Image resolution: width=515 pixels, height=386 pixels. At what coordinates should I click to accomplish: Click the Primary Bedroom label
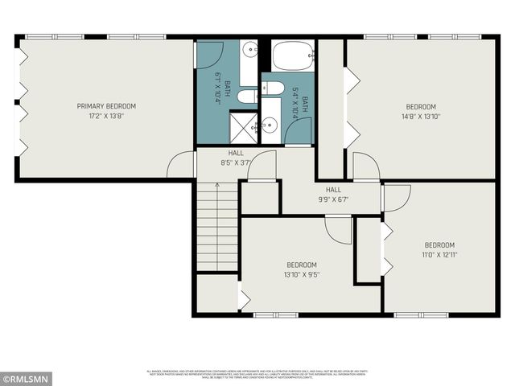[106, 106]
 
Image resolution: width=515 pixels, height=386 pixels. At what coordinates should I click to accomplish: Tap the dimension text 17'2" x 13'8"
[106, 116]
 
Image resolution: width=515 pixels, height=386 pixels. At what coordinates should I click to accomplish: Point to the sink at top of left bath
[249, 51]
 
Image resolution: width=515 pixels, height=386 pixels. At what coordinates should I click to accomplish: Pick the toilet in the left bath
[248, 96]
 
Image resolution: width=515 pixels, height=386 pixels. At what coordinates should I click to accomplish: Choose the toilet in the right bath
[272, 88]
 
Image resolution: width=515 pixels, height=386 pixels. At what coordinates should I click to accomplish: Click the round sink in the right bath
[270, 124]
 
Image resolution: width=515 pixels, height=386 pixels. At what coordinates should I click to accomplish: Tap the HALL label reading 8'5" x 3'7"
[236, 157]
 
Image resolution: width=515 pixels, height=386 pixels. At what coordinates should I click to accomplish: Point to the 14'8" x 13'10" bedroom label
[420, 112]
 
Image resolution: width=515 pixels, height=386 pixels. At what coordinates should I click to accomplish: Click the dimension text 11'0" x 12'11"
[439, 255]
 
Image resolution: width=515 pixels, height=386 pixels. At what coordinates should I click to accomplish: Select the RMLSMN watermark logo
[26, 377]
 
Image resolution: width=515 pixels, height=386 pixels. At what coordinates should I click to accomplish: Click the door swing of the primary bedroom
[181, 165]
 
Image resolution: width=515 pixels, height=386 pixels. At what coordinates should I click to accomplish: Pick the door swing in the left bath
[209, 55]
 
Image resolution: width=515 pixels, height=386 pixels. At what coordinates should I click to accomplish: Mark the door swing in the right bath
[298, 131]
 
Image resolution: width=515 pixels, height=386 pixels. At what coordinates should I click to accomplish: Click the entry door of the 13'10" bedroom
[338, 228]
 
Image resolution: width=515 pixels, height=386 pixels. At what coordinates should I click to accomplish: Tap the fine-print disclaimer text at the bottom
[257, 373]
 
